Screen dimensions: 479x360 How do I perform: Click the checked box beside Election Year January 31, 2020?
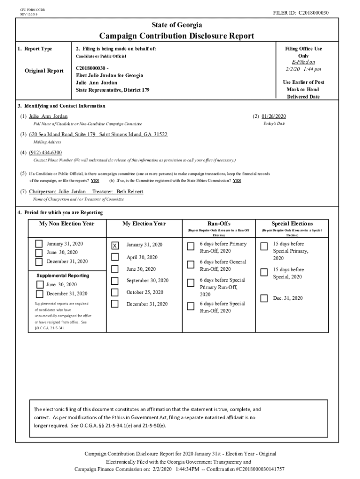(115, 246)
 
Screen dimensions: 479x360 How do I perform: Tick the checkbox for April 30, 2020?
(115, 257)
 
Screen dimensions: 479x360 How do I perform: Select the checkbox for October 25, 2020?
(115, 292)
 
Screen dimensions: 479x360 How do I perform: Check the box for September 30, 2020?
(115, 281)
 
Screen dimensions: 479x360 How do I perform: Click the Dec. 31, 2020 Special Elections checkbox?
(264, 298)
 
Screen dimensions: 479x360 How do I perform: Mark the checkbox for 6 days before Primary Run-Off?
(191, 247)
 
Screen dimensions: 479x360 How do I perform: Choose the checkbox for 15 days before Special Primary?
(264, 247)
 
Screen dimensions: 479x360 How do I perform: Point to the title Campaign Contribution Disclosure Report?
(177, 36)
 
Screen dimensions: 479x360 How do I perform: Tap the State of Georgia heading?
(177, 25)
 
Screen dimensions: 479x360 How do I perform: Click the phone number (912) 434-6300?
(45, 153)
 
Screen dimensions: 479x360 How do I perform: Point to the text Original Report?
(44, 71)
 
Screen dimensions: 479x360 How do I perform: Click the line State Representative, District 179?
(112, 89)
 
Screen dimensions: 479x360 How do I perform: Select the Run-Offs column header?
(219, 224)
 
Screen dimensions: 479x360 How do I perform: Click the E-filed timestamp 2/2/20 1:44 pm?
(303, 69)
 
